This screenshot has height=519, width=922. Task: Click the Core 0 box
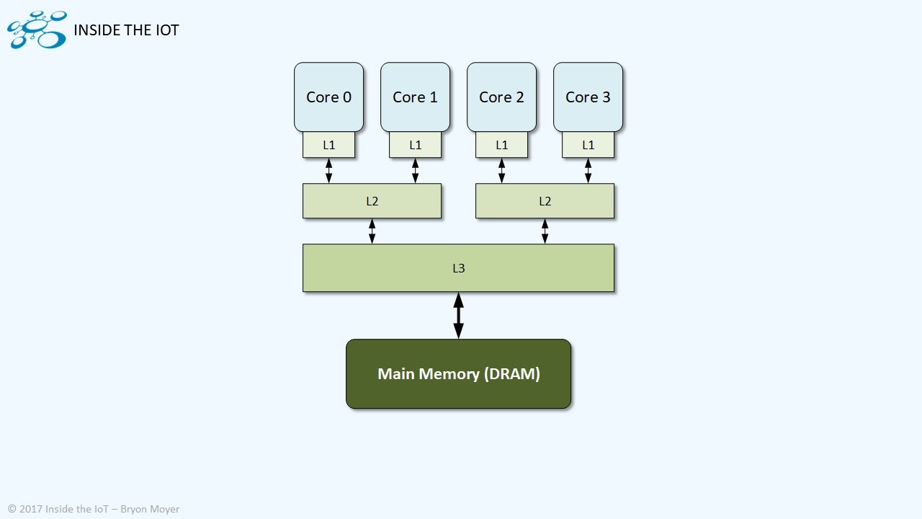click(x=328, y=97)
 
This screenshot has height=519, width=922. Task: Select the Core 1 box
click(x=415, y=97)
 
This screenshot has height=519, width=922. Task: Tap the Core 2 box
click(x=501, y=97)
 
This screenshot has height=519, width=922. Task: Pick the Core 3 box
click(x=588, y=97)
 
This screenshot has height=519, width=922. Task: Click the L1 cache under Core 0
click(x=328, y=145)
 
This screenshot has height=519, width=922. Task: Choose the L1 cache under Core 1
click(x=415, y=145)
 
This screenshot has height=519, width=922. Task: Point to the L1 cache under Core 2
click(x=501, y=145)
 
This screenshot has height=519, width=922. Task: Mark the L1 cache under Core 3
click(x=588, y=145)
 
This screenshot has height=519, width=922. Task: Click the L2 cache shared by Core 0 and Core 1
click(x=372, y=201)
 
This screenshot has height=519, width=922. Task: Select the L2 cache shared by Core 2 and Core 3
click(x=545, y=201)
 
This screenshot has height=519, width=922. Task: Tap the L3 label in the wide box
click(x=458, y=268)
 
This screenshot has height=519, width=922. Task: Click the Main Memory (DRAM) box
click(x=458, y=374)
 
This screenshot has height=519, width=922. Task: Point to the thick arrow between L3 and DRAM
click(x=458, y=315)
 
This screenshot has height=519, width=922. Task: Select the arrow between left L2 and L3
click(x=372, y=231)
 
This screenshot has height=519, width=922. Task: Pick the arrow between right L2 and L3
click(x=545, y=231)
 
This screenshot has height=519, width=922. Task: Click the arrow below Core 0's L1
click(x=328, y=170)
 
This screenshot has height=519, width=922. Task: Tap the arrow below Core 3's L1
click(x=588, y=170)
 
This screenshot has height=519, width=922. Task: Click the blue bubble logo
click(x=37, y=30)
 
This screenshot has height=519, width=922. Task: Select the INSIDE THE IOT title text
click(x=126, y=30)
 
